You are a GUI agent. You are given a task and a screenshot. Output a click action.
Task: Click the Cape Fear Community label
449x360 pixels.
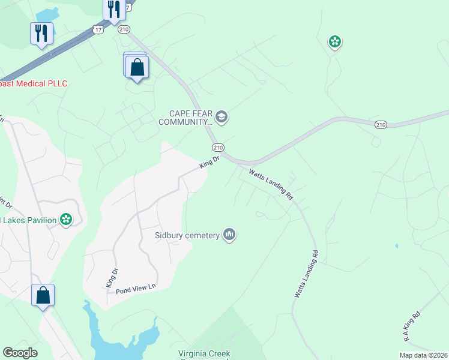coord(185,118)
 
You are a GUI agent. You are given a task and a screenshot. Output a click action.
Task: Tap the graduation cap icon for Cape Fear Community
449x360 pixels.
coord(221,116)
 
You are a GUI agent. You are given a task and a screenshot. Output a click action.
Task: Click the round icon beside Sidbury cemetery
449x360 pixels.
coord(229,235)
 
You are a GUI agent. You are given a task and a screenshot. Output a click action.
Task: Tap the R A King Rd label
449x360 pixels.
coord(412,326)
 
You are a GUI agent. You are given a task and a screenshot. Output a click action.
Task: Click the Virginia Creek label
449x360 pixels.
coord(204,354)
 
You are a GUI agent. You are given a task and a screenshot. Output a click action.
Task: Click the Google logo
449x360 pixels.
coord(20,353)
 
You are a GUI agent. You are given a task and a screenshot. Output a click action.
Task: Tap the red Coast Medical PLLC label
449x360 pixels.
coord(33,83)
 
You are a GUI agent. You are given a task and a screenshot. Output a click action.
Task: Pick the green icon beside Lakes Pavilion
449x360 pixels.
coord(65,220)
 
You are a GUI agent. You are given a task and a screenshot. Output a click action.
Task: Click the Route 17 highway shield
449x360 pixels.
coord(98,29)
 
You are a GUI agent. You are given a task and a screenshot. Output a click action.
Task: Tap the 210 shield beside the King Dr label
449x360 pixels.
coord(217,148)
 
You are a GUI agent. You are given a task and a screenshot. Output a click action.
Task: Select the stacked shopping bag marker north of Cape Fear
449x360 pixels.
coord(137,68)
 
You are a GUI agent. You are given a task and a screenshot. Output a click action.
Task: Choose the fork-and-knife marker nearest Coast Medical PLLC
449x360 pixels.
coord(41,34)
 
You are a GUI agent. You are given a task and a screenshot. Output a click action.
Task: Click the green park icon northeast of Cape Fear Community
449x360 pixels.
coord(334,42)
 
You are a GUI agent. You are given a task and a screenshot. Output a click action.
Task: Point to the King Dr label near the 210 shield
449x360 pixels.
coord(211,160)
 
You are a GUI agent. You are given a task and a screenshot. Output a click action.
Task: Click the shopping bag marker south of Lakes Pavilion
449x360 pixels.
coord(43,295)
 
